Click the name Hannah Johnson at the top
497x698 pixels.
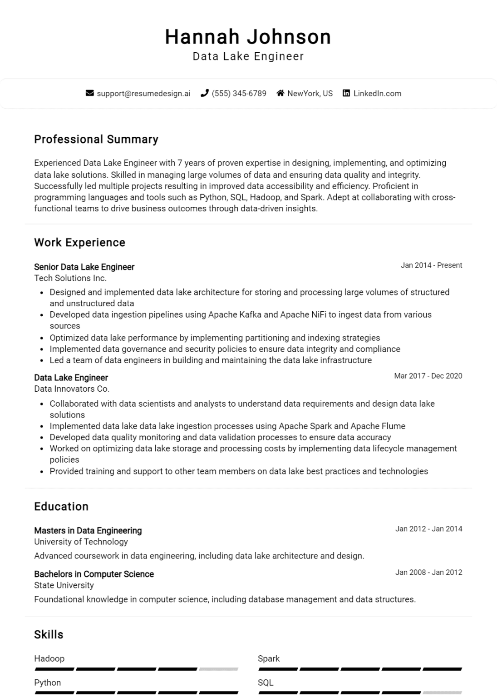[248, 37]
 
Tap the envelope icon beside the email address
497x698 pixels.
[89, 93]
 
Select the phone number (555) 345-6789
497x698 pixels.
[239, 93]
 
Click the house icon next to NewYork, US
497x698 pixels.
[280, 93]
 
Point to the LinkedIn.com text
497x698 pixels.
[377, 93]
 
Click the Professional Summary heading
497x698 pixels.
[96, 140]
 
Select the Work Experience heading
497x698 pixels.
[79, 243]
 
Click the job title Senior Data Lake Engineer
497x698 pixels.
[84, 267]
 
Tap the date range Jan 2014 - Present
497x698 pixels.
[431, 265]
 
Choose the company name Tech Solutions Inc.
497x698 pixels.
[70, 278]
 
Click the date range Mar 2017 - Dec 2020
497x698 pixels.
[428, 376]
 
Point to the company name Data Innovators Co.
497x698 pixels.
[72, 389]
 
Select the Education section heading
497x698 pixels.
[61, 507]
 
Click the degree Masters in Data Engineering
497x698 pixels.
[88, 530]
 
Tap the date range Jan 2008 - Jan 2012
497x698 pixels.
[428, 573]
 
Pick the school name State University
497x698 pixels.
[64, 585]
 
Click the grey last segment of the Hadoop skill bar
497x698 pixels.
[218, 669]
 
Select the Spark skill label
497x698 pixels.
[269, 658]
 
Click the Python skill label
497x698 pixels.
[47, 683]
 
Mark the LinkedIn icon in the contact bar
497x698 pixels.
[346, 93]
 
